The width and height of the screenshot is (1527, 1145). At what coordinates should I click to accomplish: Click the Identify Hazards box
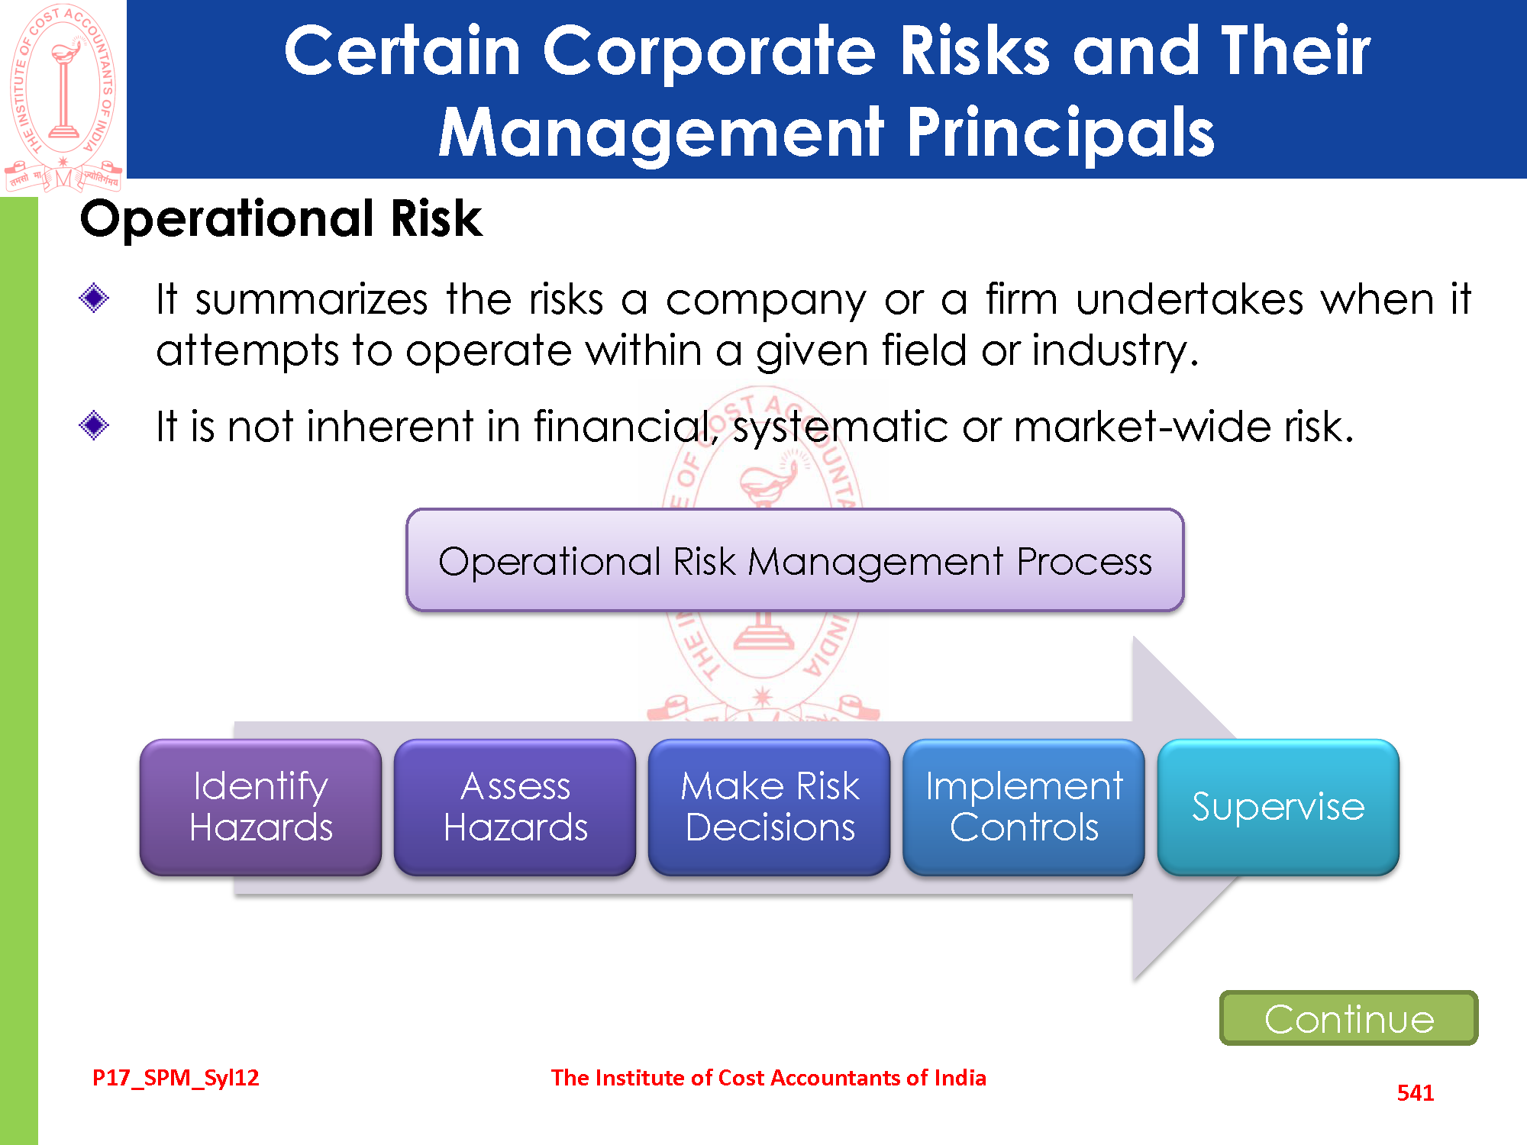pyautogui.click(x=260, y=807)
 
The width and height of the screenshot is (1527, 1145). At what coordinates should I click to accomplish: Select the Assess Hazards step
pyautogui.click(x=515, y=807)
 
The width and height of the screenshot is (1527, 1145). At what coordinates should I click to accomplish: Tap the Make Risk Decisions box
pyautogui.click(x=770, y=807)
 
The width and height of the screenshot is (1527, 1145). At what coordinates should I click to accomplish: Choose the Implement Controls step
pyautogui.click(x=1024, y=807)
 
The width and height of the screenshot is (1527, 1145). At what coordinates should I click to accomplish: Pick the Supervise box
pyautogui.click(x=1278, y=807)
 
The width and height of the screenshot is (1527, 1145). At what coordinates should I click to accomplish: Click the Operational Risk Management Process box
pyautogui.click(x=795, y=560)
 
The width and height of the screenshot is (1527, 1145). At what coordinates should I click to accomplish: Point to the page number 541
pyautogui.click(x=1416, y=1092)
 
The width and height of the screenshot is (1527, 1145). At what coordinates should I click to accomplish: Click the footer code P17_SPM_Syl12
pyautogui.click(x=176, y=1078)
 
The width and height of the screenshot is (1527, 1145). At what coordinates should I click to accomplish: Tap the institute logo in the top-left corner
pyautogui.click(x=63, y=98)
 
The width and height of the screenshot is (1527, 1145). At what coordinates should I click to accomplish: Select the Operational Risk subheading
pyautogui.click(x=281, y=218)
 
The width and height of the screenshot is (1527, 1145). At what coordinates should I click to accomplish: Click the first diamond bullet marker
pyautogui.click(x=94, y=298)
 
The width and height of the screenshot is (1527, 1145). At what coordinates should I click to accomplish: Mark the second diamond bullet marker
pyautogui.click(x=94, y=425)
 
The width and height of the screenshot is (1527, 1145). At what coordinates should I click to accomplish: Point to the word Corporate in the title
pyautogui.click(x=709, y=50)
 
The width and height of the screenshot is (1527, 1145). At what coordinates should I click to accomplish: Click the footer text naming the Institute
pyautogui.click(x=769, y=1078)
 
